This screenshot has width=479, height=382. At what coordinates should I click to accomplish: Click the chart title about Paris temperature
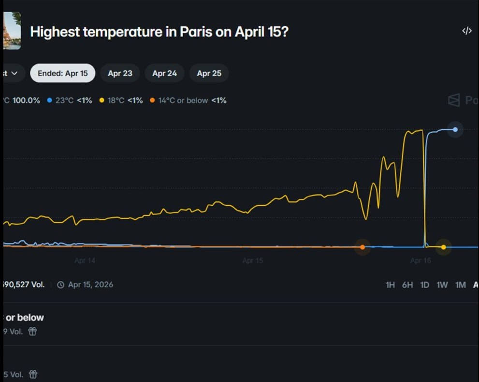[159, 32]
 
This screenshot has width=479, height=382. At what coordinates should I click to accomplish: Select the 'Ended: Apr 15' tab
[63, 74]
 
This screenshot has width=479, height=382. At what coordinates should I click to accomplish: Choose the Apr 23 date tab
[120, 74]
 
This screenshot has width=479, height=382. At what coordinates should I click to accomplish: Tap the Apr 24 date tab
[164, 74]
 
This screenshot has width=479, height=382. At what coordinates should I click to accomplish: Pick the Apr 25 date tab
[209, 74]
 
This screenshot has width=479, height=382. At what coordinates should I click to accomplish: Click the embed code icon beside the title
[466, 31]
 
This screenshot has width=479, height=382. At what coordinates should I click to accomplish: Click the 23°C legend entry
[70, 101]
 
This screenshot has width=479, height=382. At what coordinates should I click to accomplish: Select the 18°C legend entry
[121, 101]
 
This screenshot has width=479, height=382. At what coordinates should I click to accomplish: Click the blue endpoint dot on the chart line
[455, 129]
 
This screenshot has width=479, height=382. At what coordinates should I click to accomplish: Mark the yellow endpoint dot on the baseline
[443, 247]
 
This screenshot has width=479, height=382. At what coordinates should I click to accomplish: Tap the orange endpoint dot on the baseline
[363, 247]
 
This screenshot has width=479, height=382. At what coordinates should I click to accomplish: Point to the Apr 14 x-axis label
[85, 260]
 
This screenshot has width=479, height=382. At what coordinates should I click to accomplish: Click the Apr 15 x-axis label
[252, 260]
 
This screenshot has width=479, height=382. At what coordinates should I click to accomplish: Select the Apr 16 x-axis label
[420, 260]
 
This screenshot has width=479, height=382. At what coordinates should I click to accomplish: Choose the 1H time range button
[390, 285]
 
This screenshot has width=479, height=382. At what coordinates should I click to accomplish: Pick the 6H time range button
[407, 285]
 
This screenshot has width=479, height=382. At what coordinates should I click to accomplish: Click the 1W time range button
[442, 285]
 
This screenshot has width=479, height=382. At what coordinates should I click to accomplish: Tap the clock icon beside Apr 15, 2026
[61, 285]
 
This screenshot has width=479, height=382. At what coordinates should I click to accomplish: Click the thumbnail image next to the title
[12, 31]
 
